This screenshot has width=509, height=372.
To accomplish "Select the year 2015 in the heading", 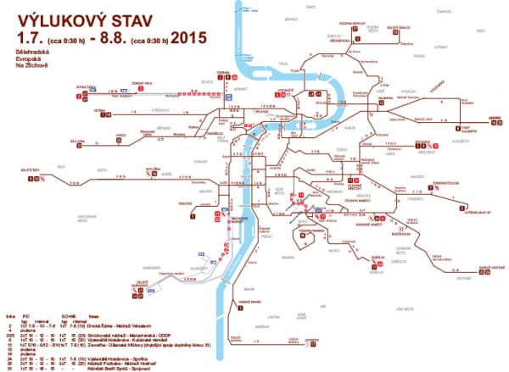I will [187, 37].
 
